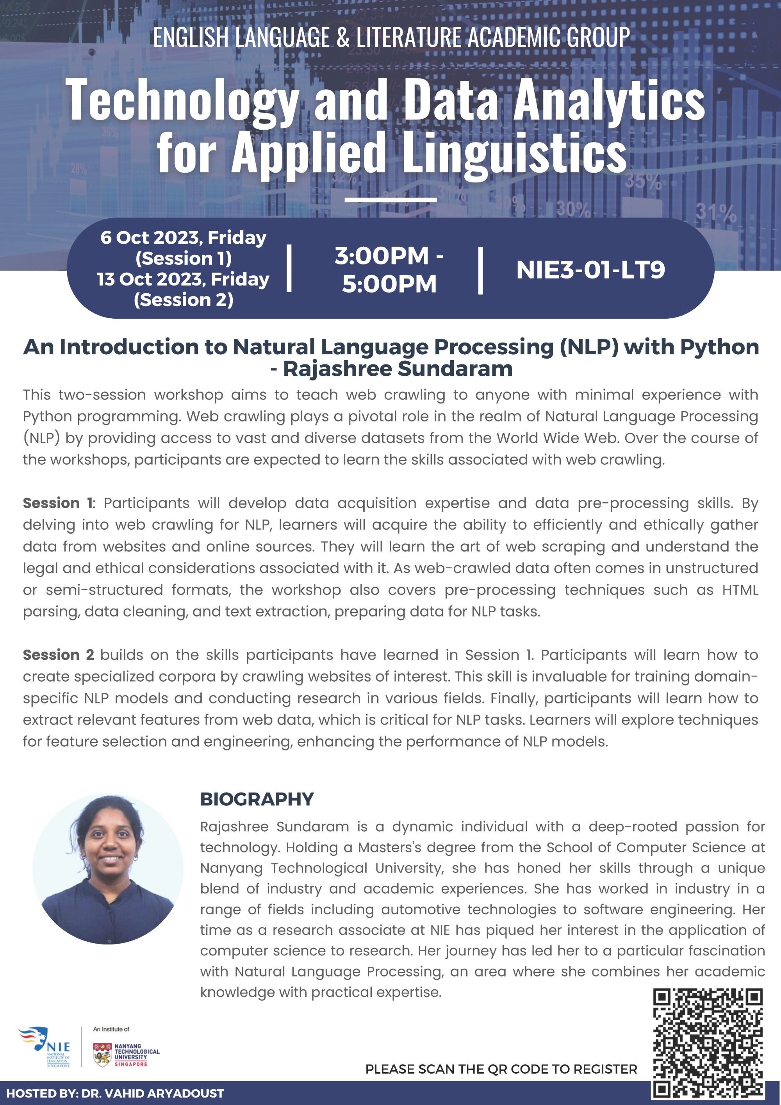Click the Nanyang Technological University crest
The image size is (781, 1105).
coord(102,1055)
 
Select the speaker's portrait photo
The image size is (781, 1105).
coord(108,869)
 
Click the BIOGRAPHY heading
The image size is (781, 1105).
coord(257,800)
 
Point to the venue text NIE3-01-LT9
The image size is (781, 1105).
coord(590,270)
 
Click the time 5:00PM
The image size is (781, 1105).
coord(389,284)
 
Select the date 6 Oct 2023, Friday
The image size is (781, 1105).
coord(184,238)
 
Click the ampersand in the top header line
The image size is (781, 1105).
coord(343,38)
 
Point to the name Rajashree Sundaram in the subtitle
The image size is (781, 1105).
coord(398,369)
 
